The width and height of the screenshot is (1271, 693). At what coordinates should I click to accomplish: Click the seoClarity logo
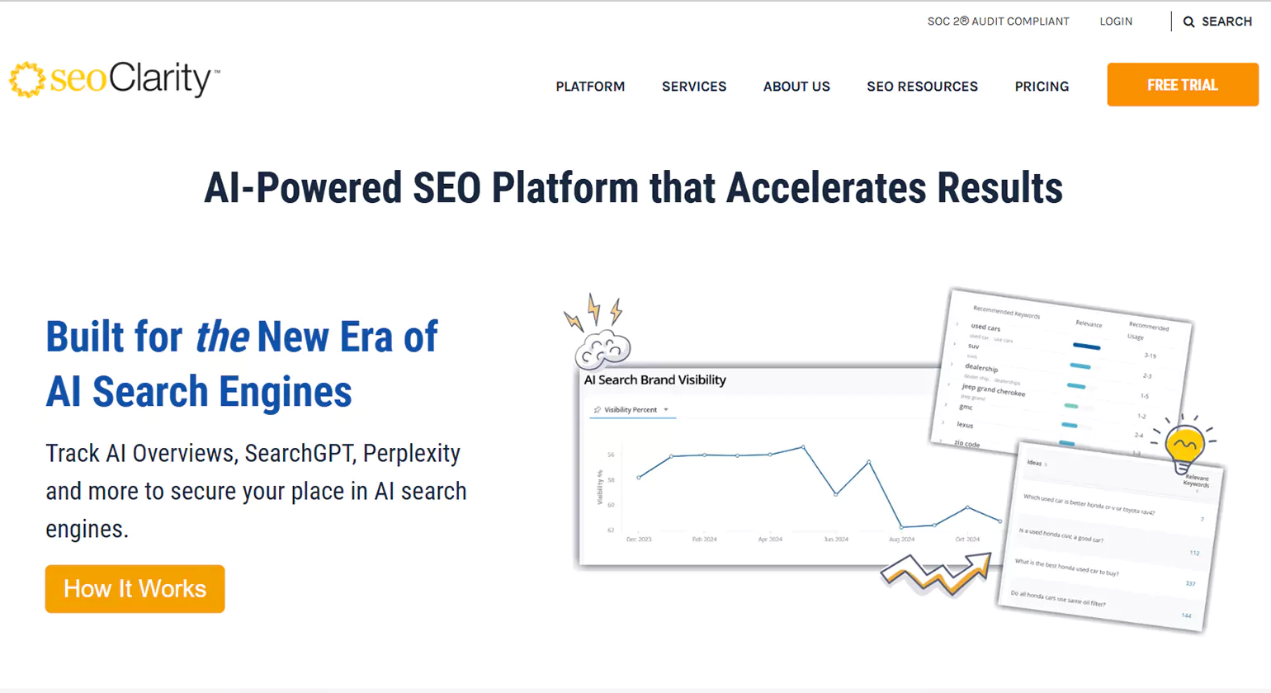pos(114,80)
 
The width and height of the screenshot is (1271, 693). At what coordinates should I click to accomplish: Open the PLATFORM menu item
pos(590,87)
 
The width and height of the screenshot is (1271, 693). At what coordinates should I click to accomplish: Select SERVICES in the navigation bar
pos(694,87)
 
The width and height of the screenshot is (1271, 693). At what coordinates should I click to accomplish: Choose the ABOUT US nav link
pos(796,87)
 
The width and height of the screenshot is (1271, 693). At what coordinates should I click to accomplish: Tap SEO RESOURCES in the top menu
pos(922,87)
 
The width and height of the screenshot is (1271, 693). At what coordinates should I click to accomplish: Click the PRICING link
pos(1042,87)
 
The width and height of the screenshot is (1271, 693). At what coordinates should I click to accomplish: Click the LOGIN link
pos(1116,21)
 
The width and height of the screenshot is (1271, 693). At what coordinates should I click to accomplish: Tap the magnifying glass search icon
pos(1189,22)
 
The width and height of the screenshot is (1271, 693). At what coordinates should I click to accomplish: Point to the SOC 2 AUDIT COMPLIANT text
pos(998,21)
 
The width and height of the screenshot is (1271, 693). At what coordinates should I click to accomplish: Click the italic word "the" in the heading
pos(222,337)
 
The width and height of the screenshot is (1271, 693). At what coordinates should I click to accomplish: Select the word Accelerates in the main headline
pos(825,188)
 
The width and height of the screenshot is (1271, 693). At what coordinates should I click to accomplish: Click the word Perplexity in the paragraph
pos(412,454)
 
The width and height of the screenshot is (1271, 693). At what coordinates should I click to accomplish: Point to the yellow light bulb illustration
pos(1184,445)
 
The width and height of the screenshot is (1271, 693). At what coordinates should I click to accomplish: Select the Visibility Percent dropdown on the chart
pos(632,410)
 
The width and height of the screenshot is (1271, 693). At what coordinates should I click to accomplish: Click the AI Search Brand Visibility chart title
pos(654,380)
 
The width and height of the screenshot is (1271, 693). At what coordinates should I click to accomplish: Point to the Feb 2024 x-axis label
pos(704,539)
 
